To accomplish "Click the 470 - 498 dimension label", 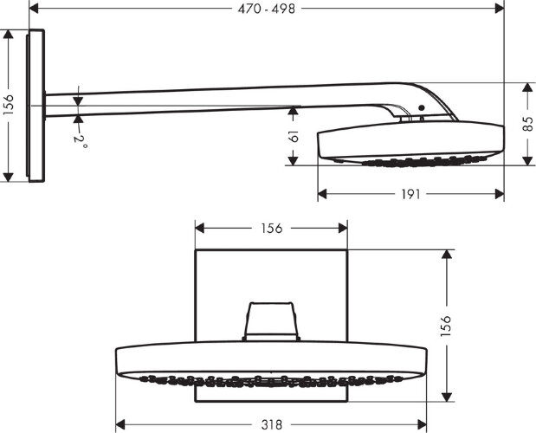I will (x=268, y=9).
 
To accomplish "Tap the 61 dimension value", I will (x=294, y=136).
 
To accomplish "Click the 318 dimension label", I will (x=272, y=424).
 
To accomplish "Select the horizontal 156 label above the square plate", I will (x=271, y=229).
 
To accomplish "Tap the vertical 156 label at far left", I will (x=9, y=105).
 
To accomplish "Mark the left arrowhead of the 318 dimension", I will (x=120, y=424).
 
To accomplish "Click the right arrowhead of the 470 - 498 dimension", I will (x=500, y=9).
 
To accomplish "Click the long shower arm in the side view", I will (x=216, y=98).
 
